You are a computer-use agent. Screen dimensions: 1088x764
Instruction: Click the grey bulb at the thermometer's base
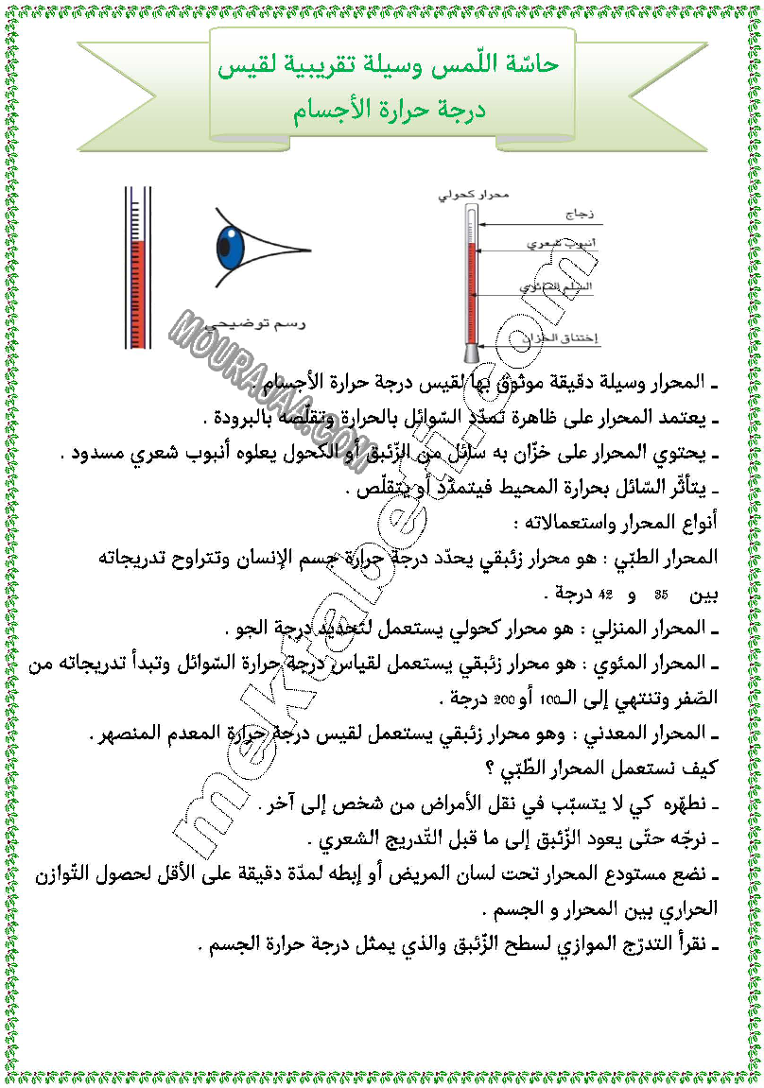[x=470, y=352]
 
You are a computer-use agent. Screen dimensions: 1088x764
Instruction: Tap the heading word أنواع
[x=698, y=523]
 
